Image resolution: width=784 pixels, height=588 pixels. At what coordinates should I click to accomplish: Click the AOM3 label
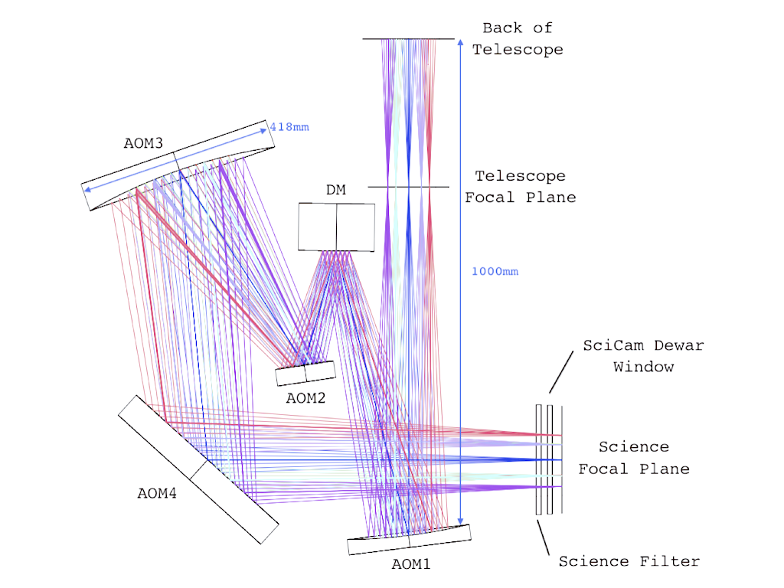(143, 143)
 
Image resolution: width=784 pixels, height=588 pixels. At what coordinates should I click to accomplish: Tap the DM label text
(336, 190)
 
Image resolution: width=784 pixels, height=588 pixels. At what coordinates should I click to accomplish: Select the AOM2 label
(305, 397)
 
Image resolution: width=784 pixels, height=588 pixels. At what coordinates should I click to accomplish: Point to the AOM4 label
(157, 493)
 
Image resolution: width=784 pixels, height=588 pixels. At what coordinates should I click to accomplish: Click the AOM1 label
(412, 564)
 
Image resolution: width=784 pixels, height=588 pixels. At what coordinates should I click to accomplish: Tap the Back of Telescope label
(518, 39)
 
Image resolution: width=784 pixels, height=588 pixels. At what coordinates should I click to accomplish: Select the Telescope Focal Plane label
(521, 187)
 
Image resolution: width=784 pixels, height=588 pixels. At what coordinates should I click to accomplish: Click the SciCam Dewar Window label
(643, 356)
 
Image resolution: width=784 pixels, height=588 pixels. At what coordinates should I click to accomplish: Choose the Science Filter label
(629, 561)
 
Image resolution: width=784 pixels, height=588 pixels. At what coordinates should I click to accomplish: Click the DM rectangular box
(337, 227)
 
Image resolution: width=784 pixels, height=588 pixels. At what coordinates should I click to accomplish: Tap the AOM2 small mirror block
(306, 373)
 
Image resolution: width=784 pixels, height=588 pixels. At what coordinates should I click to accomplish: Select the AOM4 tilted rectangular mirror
(198, 469)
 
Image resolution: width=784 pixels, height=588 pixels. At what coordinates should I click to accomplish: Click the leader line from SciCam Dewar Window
(560, 374)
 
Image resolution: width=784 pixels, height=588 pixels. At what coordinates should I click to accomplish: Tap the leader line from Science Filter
(545, 536)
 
